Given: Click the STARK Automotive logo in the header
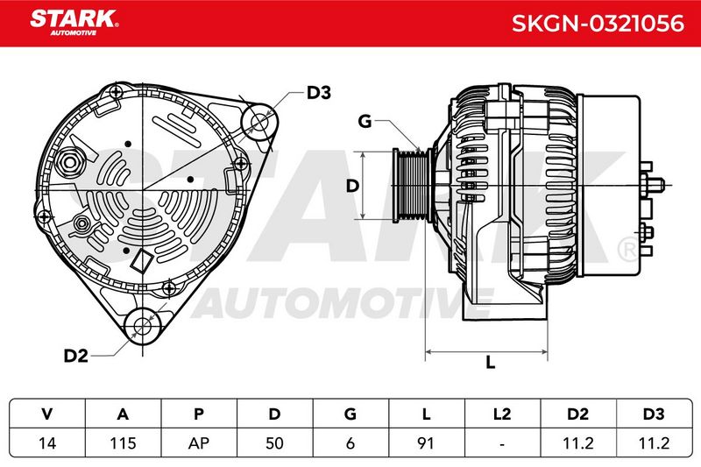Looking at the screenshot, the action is tap(74, 23).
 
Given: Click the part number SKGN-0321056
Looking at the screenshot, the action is tap(598, 24).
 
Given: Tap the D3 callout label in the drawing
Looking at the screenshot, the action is tap(318, 93).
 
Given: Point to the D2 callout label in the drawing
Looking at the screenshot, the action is tap(75, 356).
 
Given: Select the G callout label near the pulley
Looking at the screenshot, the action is tap(365, 121).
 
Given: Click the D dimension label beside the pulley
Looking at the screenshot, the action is tap(353, 186).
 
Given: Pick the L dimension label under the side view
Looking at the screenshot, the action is tap(491, 362).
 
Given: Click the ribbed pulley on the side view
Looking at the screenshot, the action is tap(412, 186).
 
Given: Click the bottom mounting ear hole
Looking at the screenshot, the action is tap(143, 325).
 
